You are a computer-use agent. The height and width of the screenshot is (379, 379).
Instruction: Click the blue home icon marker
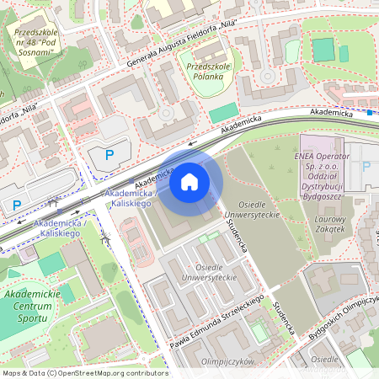[x=189, y=182]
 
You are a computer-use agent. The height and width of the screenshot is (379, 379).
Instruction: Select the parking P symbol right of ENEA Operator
[x=366, y=167]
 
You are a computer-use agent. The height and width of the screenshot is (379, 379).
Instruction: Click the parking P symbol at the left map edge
[x=16, y=205]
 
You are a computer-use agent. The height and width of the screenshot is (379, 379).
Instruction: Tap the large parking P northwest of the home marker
[x=109, y=154]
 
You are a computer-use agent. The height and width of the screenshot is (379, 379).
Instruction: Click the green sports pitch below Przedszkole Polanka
[x=223, y=113]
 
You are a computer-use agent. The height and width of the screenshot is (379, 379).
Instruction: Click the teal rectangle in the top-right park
[x=323, y=49]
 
